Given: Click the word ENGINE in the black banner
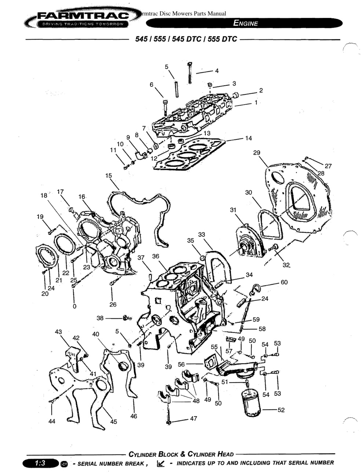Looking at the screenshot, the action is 245,23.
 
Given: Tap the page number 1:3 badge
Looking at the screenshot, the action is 40,463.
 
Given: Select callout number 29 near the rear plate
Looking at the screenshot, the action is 256,153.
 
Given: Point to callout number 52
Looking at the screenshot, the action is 281,410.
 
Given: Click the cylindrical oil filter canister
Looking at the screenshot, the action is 251,403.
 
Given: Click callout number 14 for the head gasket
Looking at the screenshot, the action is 248,138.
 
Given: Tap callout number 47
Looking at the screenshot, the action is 193,418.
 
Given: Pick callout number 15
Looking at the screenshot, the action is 109,175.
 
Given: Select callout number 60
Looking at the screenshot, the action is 284,282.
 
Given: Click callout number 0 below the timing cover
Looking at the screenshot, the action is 74,306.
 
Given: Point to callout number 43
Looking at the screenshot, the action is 58,332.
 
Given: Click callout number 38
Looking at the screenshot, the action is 100,318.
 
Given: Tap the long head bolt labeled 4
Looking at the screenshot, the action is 190,73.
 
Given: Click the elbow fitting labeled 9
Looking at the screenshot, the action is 141,155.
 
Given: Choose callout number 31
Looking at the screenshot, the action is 233,210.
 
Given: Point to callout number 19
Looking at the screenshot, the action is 40,216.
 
